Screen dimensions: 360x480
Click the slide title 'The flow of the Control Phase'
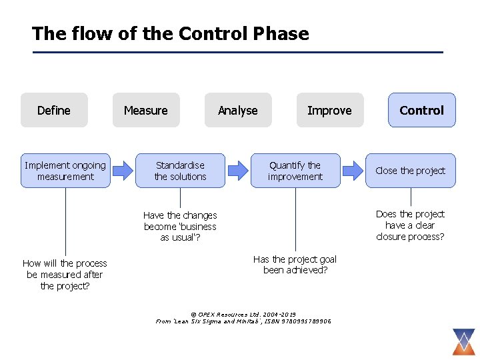(x=170, y=34)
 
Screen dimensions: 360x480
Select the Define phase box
(x=54, y=110)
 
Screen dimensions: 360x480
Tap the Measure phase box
(x=146, y=110)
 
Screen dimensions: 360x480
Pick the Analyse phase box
(x=238, y=110)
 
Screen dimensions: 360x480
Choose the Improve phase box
(x=329, y=110)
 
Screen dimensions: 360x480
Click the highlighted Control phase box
(x=421, y=110)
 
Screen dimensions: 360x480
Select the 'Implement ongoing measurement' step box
(x=65, y=171)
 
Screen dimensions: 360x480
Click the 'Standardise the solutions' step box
(x=180, y=171)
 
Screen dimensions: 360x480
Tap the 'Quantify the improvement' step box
(x=295, y=171)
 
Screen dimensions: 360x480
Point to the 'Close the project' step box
(x=411, y=171)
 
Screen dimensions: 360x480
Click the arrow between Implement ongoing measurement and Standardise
(x=123, y=171)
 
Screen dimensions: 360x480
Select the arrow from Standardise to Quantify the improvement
(x=237, y=171)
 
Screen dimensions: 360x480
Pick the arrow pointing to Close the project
(x=352, y=171)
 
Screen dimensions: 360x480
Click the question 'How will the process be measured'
(x=65, y=275)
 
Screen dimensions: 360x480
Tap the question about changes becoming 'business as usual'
(x=180, y=227)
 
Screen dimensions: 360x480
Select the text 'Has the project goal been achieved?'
(x=295, y=265)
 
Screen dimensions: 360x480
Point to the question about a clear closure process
(x=410, y=225)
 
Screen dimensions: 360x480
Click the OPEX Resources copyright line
(x=243, y=314)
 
